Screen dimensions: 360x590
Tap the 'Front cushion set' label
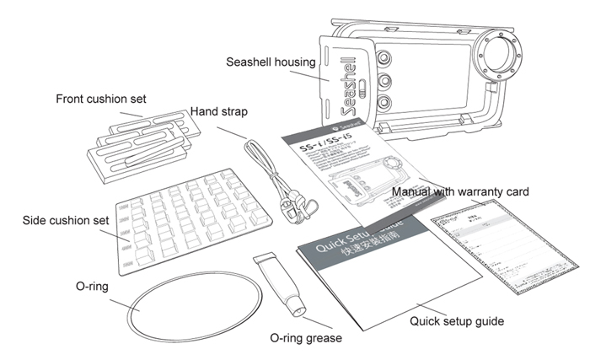[x=100, y=99]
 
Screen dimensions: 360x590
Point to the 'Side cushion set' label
[x=66, y=221]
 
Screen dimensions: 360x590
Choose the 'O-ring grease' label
[x=306, y=338]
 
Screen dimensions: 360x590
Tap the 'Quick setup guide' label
[x=456, y=321]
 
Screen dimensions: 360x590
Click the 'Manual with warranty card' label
[x=460, y=192]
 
